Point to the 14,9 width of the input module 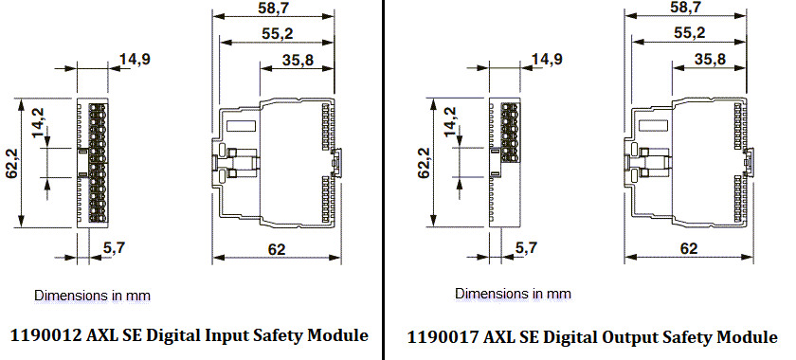click(134, 60)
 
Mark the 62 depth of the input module click(275, 249)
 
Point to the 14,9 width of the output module click(546, 59)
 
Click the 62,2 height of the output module click(424, 162)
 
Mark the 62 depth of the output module click(688, 248)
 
